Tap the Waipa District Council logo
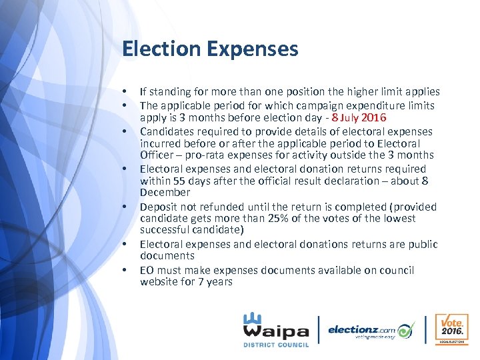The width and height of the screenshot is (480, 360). [275, 329]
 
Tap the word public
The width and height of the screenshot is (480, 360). [423, 244]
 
